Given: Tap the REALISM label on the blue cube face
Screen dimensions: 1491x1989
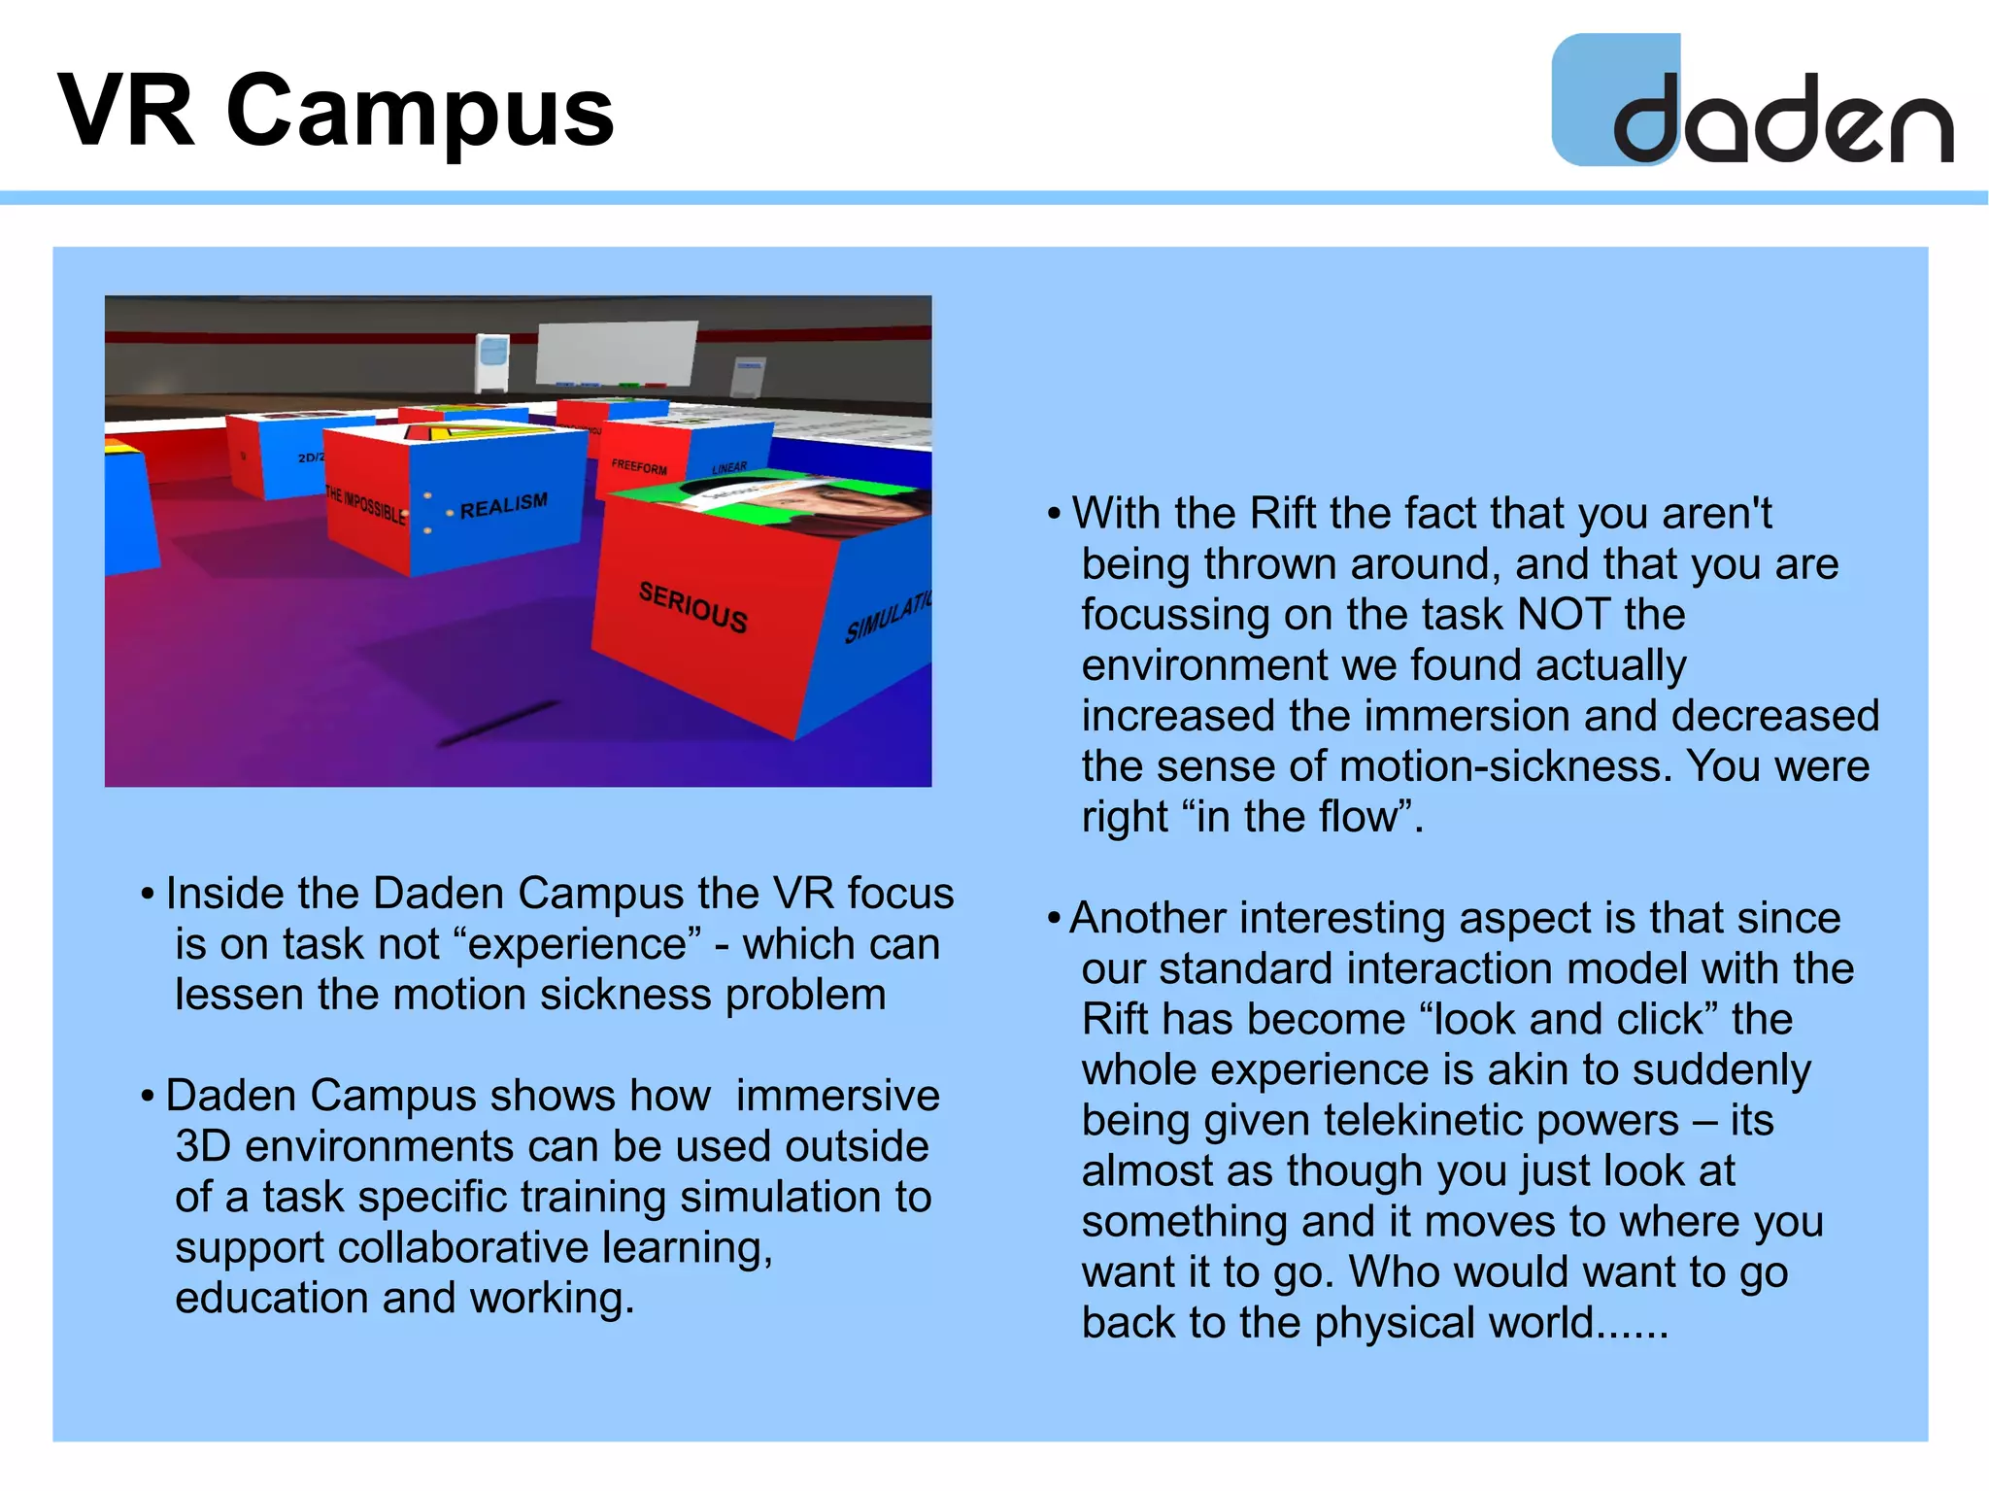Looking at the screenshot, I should [x=503, y=505].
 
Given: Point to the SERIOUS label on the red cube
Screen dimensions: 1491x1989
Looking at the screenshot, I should [x=692, y=607].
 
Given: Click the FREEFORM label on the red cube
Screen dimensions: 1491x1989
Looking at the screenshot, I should [x=639, y=466].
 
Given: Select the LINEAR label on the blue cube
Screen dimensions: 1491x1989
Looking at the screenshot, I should [x=729, y=468].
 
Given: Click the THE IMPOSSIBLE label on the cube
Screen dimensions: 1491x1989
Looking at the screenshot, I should [x=365, y=505].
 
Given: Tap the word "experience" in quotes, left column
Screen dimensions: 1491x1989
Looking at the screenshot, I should [x=577, y=944].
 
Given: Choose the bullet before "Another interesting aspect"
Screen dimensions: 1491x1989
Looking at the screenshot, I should [x=1054, y=919].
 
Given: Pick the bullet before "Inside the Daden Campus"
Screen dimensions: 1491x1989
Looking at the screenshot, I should [x=148, y=894].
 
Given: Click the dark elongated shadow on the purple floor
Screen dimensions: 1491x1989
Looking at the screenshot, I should [x=498, y=724].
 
